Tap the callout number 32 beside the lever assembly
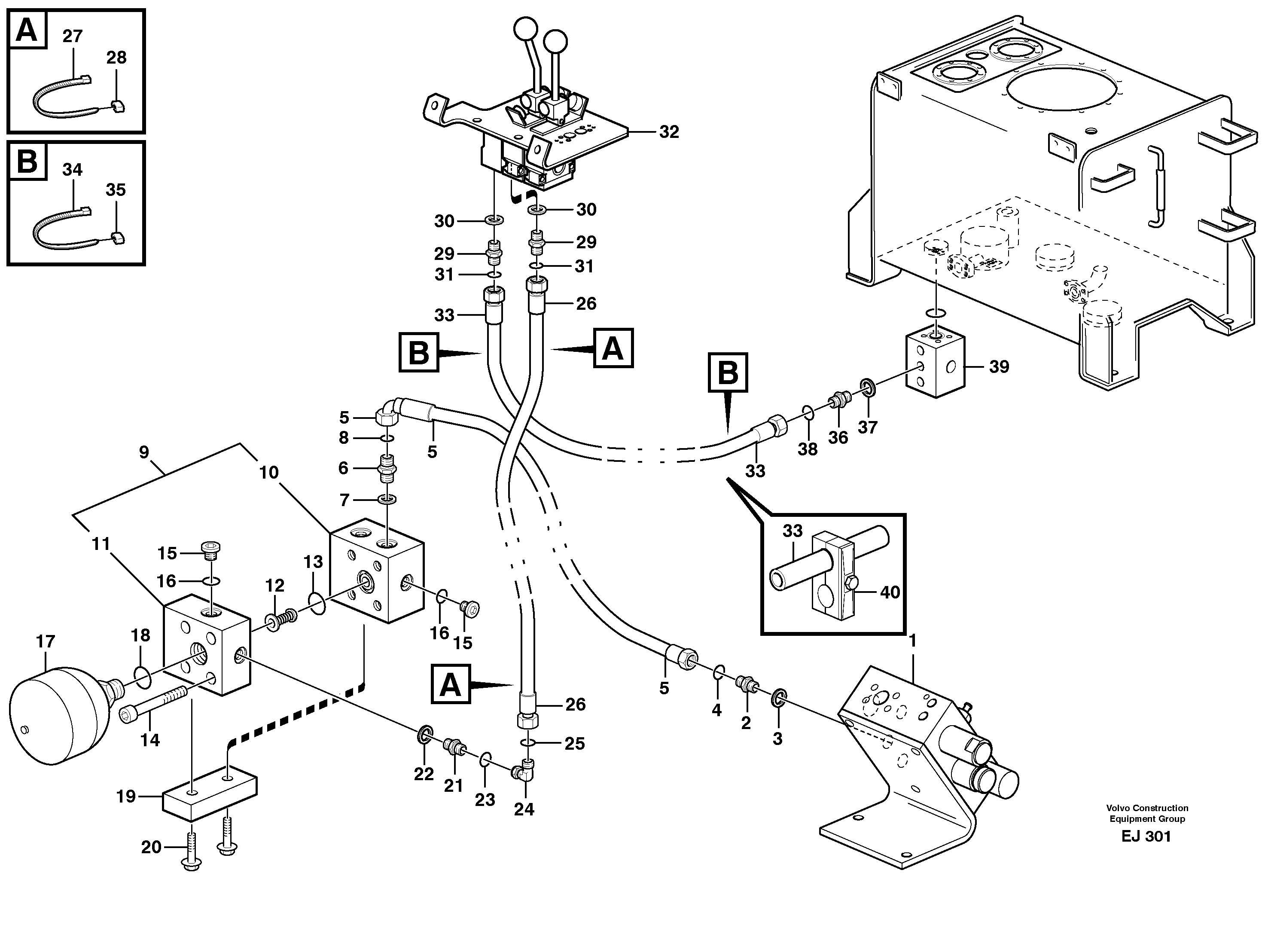[669, 132]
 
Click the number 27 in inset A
[72, 36]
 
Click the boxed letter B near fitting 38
[728, 372]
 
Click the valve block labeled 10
[376, 571]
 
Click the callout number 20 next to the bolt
[151, 847]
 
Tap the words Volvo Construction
[1147, 808]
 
